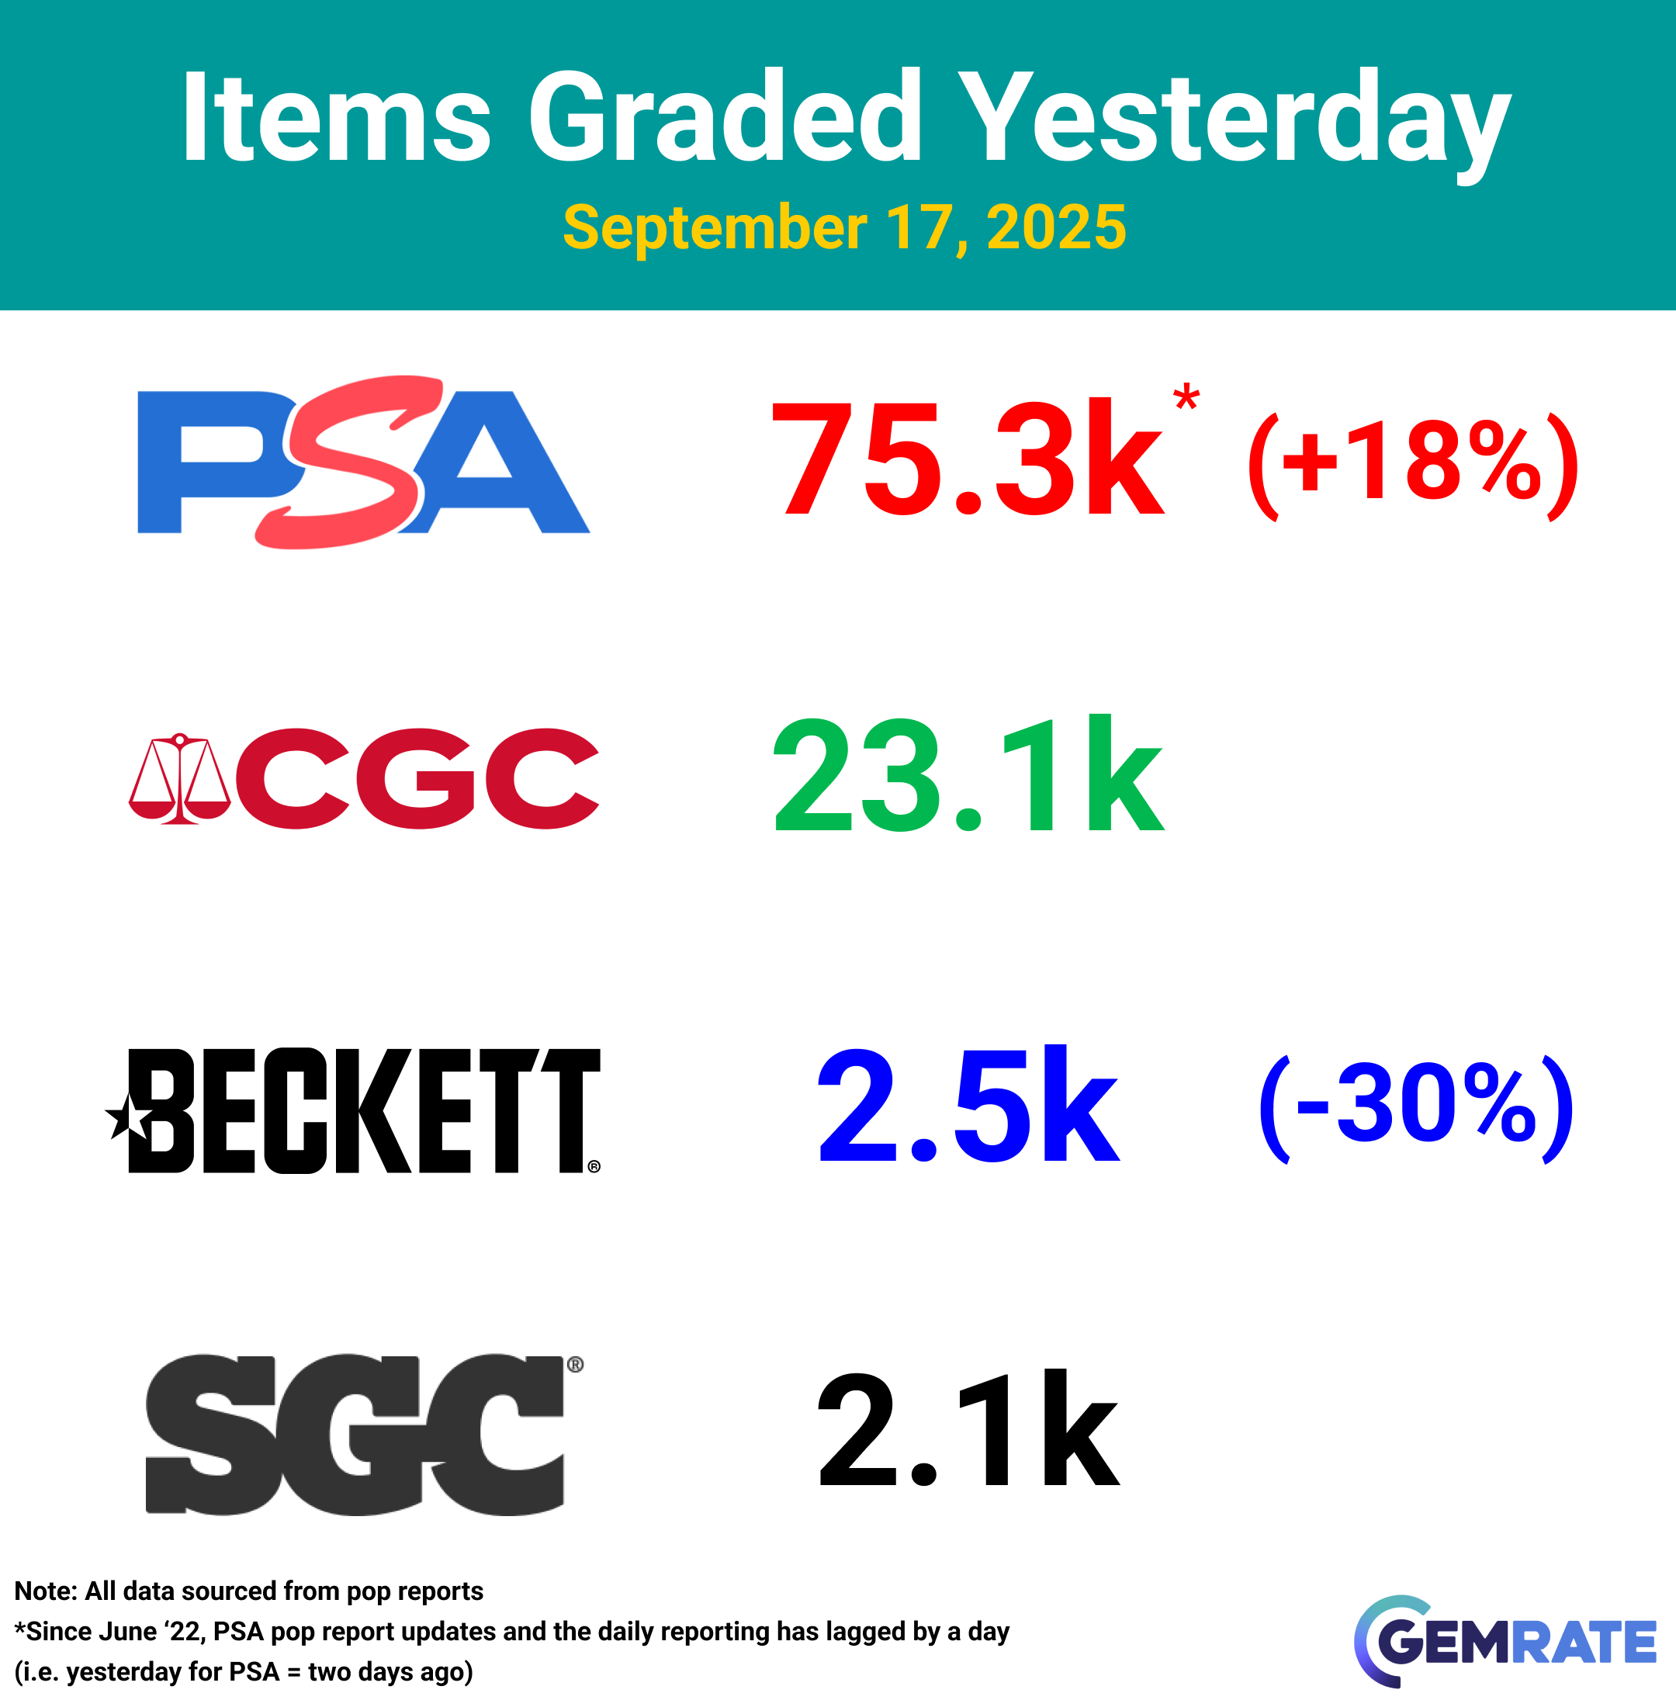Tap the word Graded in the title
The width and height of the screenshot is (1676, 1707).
tap(725, 116)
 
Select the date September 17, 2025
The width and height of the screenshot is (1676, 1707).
tap(844, 227)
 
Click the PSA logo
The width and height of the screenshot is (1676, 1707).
tap(364, 462)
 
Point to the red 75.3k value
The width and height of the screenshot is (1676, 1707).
tap(968, 459)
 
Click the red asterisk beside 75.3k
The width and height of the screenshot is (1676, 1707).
tap(1186, 396)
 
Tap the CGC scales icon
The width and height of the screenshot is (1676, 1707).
tap(179, 778)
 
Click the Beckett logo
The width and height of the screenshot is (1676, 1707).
tap(353, 1110)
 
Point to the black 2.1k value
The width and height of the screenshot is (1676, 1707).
tap(968, 1427)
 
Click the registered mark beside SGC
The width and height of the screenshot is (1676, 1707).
tap(575, 1365)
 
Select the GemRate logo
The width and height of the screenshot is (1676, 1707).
tap(1505, 1642)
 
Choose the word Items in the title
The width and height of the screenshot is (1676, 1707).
tap(335, 116)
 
